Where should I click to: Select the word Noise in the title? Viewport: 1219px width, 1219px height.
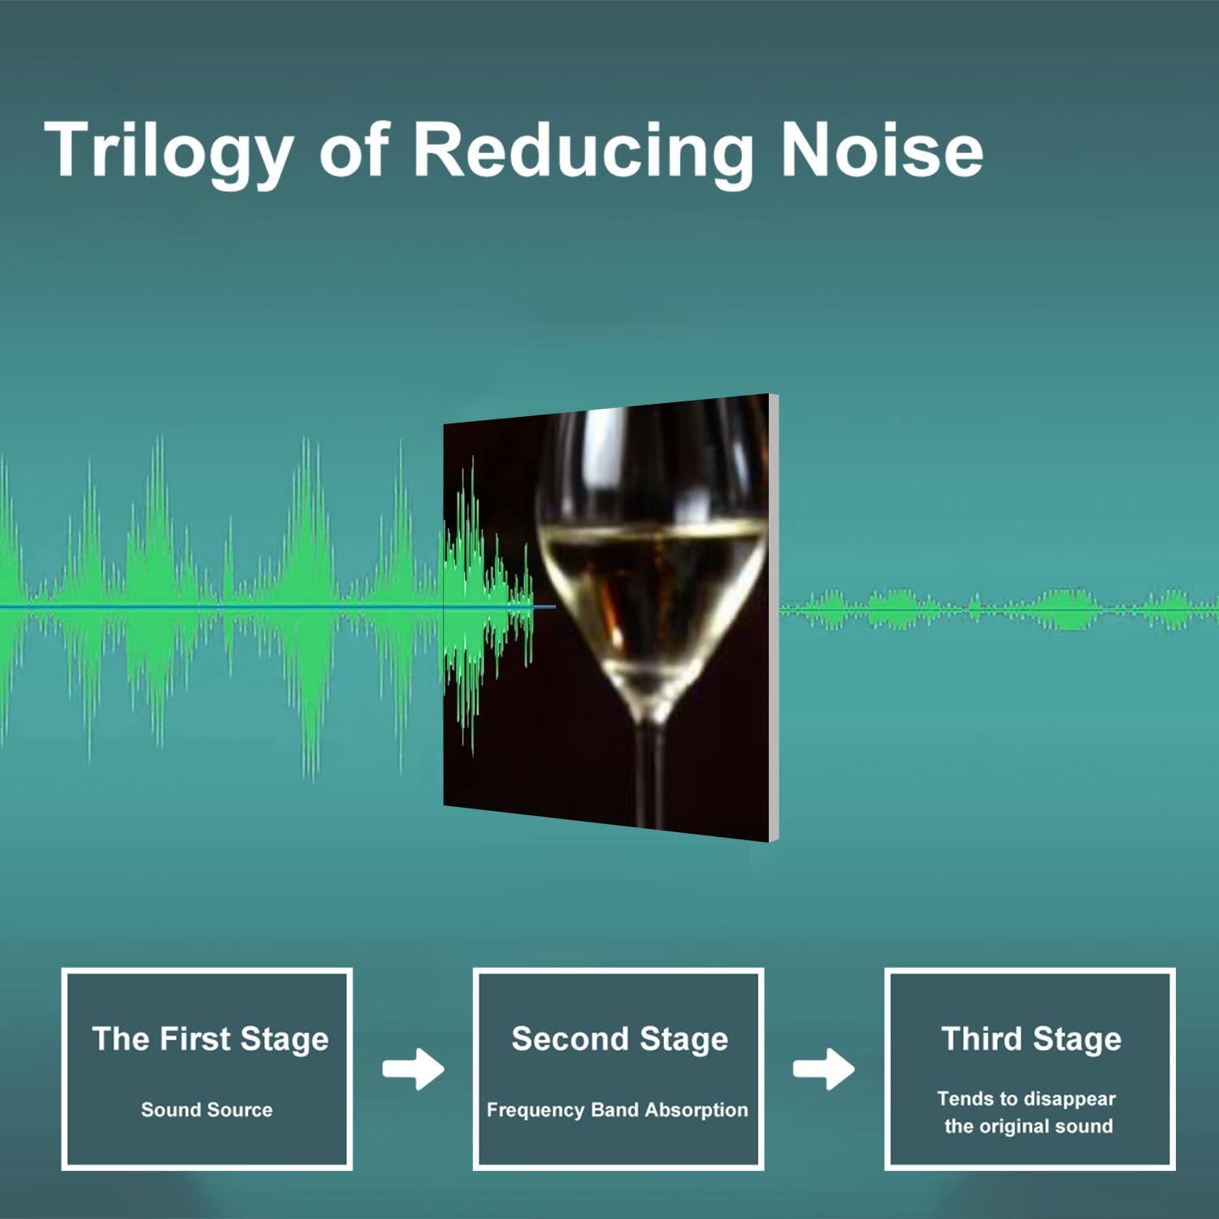point(883,150)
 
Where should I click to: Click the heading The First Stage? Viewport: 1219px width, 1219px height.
point(210,1039)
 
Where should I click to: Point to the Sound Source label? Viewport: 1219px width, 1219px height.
point(206,1109)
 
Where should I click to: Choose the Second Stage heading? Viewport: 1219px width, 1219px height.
point(619,1039)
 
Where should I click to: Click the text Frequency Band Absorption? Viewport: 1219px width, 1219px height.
point(617,1110)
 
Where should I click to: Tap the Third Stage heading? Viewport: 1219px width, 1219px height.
point(1031,1039)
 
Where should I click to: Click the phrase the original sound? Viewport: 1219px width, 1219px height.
point(1028,1126)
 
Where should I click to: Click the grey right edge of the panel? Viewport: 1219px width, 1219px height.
point(774,618)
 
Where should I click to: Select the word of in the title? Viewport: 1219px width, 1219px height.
point(354,150)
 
